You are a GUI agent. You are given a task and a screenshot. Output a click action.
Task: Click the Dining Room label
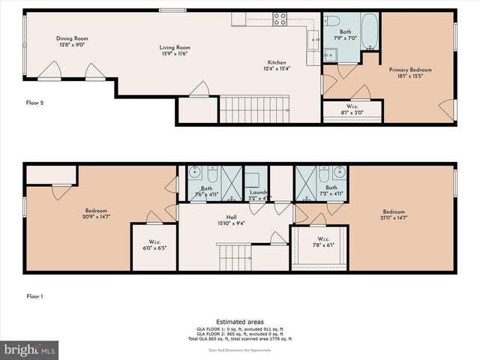[72, 41]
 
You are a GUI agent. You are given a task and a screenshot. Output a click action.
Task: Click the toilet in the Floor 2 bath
[334, 22]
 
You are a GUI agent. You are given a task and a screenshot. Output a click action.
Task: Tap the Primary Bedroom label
[409, 73]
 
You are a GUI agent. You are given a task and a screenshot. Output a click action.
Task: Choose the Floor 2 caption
[34, 103]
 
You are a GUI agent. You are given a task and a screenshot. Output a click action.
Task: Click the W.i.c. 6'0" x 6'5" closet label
[153, 244]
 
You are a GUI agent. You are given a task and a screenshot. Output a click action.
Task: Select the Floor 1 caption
[34, 296]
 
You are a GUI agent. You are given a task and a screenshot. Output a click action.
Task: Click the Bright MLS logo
[30, 349]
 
